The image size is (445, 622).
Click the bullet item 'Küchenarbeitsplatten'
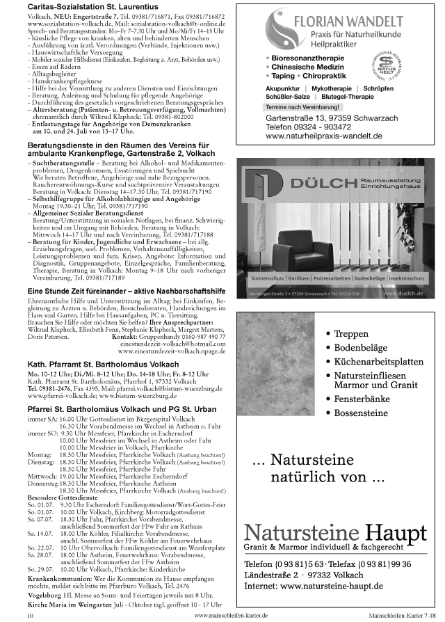pyautogui.click(x=378, y=362)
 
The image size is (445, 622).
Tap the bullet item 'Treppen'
pyautogui.click(x=351, y=334)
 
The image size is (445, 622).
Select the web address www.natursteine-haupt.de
pyautogui.click(x=314, y=587)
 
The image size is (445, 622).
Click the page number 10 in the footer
pyautogui.click(x=30, y=616)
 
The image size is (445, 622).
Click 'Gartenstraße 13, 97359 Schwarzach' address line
pyautogui.click(x=334, y=119)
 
